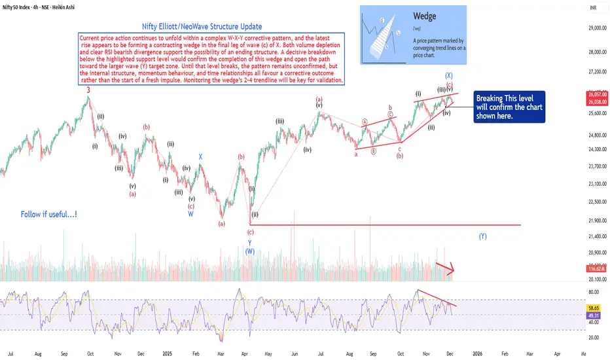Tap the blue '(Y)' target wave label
coord(482,236)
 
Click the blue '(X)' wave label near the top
coord(448,76)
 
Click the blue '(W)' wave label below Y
coord(249,251)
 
